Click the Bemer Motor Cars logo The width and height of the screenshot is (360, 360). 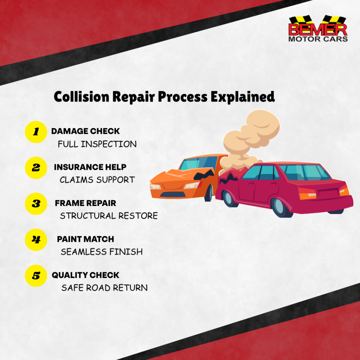click(x=318, y=28)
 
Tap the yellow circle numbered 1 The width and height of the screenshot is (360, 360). click(x=36, y=132)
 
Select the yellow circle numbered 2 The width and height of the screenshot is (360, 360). click(x=36, y=168)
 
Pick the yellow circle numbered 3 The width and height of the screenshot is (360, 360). click(x=36, y=204)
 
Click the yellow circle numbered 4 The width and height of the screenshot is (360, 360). click(x=36, y=240)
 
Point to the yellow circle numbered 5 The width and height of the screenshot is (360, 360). click(x=36, y=276)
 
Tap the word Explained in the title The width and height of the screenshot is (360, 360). click(x=243, y=97)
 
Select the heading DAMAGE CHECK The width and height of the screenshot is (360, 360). click(x=85, y=131)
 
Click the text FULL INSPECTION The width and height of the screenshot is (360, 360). click(x=97, y=144)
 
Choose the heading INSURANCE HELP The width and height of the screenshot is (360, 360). click(x=90, y=167)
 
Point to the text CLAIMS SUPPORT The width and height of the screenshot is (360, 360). click(x=97, y=180)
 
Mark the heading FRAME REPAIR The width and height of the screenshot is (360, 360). click(x=85, y=203)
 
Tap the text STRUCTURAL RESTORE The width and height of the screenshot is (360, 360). click(x=109, y=216)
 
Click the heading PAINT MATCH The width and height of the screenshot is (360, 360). click(x=85, y=239)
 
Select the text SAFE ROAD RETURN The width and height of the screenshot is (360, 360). click(x=104, y=288)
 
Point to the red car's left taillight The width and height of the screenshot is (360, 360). click(x=307, y=194)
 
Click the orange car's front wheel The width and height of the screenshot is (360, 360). click(x=208, y=193)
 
